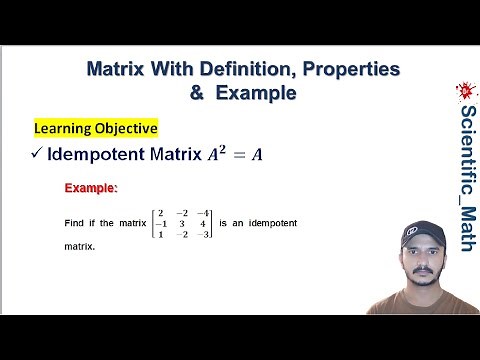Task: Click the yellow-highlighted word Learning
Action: pyautogui.click(x=66, y=128)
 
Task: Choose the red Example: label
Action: pyautogui.click(x=91, y=188)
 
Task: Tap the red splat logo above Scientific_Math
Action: pyautogui.click(x=464, y=92)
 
